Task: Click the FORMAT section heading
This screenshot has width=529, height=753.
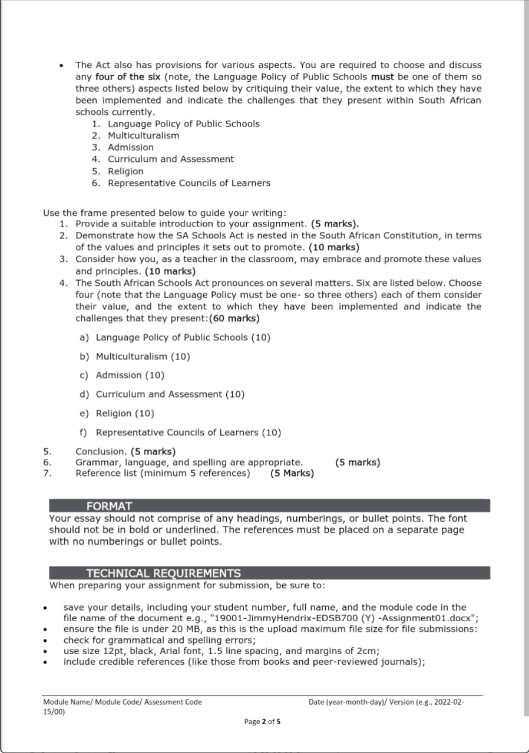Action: coord(109,506)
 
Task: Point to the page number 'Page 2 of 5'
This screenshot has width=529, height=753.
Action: coord(263,722)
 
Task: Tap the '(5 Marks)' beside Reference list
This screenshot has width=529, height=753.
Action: coord(292,473)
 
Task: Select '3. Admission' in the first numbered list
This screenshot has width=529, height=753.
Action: coord(123,147)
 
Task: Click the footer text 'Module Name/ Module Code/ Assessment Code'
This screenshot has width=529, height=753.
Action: coord(122,702)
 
